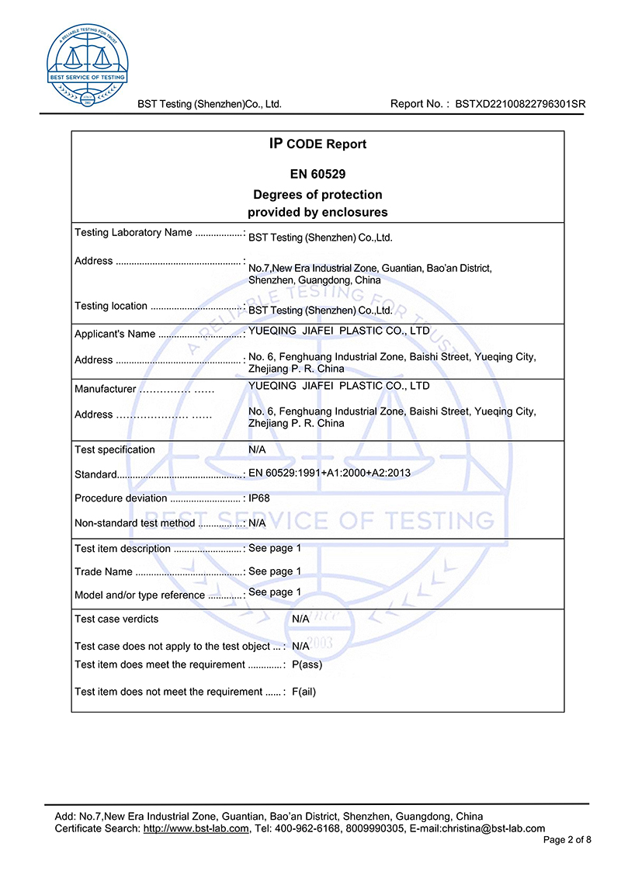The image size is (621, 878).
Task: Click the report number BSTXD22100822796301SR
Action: click(x=520, y=104)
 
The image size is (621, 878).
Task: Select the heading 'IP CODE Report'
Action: click(x=317, y=144)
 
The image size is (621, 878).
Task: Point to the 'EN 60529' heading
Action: click(x=317, y=175)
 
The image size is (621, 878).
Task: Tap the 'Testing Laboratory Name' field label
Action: click(x=133, y=233)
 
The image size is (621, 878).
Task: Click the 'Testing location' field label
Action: click(x=111, y=306)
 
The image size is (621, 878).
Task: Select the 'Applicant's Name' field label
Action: click(x=115, y=335)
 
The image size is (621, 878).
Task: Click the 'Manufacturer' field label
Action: click(x=106, y=389)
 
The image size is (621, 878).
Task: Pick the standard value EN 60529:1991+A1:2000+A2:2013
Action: click(x=329, y=473)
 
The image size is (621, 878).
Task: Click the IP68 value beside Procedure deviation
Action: click(x=259, y=498)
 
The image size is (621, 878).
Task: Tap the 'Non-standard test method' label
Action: click(x=135, y=523)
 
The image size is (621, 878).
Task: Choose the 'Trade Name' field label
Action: click(x=103, y=572)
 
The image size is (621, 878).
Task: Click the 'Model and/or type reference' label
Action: click(x=140, y=595)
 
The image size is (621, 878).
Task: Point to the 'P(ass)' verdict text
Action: click(x=307, y=665)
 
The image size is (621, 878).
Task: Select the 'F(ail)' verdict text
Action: click(x=304, y=692)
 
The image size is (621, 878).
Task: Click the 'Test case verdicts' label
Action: click(x=116, y=619)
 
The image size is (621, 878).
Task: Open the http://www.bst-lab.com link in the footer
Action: click(x=196, y=828)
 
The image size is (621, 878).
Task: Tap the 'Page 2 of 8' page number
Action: click(x=567, y=840)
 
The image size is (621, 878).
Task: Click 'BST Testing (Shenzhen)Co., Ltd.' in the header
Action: click(x=210, y=104)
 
